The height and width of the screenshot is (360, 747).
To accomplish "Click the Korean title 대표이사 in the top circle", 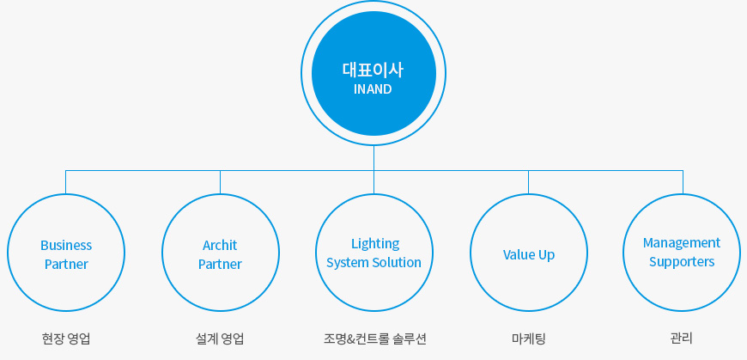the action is tap(373, 70).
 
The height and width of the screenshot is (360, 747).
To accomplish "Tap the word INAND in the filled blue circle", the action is tap(373, 89).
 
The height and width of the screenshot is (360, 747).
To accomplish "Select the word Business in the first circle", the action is tap(66, 246).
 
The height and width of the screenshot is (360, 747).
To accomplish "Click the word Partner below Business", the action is tap(66, 264).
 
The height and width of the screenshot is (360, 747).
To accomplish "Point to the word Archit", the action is tap(220, 246).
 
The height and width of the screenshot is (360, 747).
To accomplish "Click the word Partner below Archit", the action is tap(220, 264).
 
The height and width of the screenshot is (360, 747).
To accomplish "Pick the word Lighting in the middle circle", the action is tap(375, 244).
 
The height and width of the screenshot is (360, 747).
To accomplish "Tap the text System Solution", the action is tap(374, 263).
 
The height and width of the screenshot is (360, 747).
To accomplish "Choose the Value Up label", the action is tap(529, 255).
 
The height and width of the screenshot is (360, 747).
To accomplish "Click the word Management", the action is tap(682, 243).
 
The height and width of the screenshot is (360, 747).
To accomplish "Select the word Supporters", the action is tap(682, 262).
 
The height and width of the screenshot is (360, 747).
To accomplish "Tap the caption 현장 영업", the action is tap(66, 339).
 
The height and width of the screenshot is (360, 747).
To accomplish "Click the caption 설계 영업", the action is tap(220, 339).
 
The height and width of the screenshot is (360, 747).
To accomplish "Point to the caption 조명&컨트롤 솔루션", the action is tap(375, 339).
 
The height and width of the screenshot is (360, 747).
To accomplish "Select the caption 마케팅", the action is tap(529, 339).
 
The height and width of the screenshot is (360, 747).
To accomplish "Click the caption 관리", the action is tap(681, 339).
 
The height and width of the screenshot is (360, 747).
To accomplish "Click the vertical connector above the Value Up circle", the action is tap(528, 182).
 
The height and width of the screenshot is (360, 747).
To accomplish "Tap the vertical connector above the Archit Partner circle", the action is tap(220, 182).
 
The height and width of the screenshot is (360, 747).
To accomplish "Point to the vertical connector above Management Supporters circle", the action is tap(683, 182).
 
